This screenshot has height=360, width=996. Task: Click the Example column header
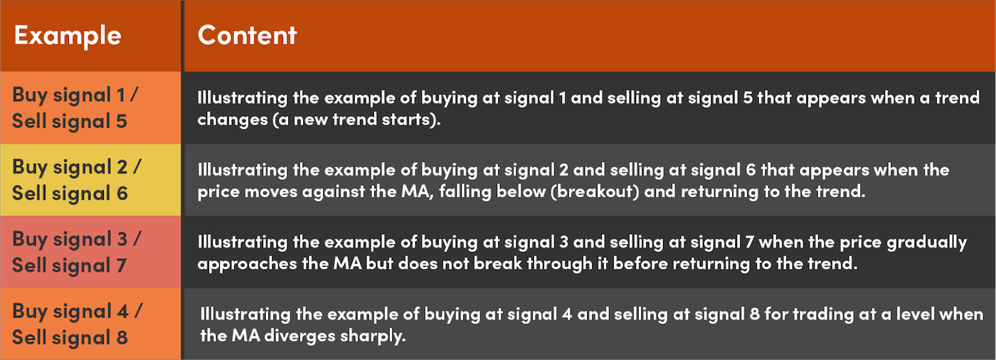coord(68,36)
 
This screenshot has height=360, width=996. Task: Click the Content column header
coord(248,36)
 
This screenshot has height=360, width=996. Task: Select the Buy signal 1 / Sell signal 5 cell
coord(91,107)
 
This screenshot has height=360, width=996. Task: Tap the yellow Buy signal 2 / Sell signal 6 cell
coord(91,179)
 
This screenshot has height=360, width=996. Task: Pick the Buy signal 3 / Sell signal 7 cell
coord(91,252)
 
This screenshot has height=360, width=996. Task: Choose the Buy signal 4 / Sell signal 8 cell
coord(91,324)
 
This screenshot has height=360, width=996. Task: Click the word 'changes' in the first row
coord(233,120)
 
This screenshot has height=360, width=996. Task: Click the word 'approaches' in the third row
coord(247,264)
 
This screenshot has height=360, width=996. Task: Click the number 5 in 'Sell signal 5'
coord(122,122)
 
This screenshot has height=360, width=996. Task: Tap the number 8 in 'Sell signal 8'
coord(122,337)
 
